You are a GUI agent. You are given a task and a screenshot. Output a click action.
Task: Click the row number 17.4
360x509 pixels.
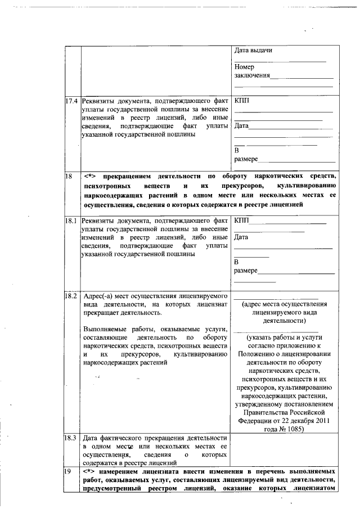[71, 102]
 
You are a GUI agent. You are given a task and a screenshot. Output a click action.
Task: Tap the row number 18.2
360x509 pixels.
[71, 295]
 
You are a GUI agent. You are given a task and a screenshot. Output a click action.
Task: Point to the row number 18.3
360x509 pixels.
[71, 437]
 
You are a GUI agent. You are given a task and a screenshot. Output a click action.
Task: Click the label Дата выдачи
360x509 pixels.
[254, 51]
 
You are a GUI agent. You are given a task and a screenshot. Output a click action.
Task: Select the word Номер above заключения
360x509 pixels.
[245, 67]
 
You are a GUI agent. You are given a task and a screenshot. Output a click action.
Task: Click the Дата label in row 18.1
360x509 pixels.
[241, 237]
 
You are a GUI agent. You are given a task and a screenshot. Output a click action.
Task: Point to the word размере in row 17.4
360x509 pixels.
[246, 160]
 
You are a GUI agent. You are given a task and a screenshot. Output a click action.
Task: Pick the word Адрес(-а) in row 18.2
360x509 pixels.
[97, 296]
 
